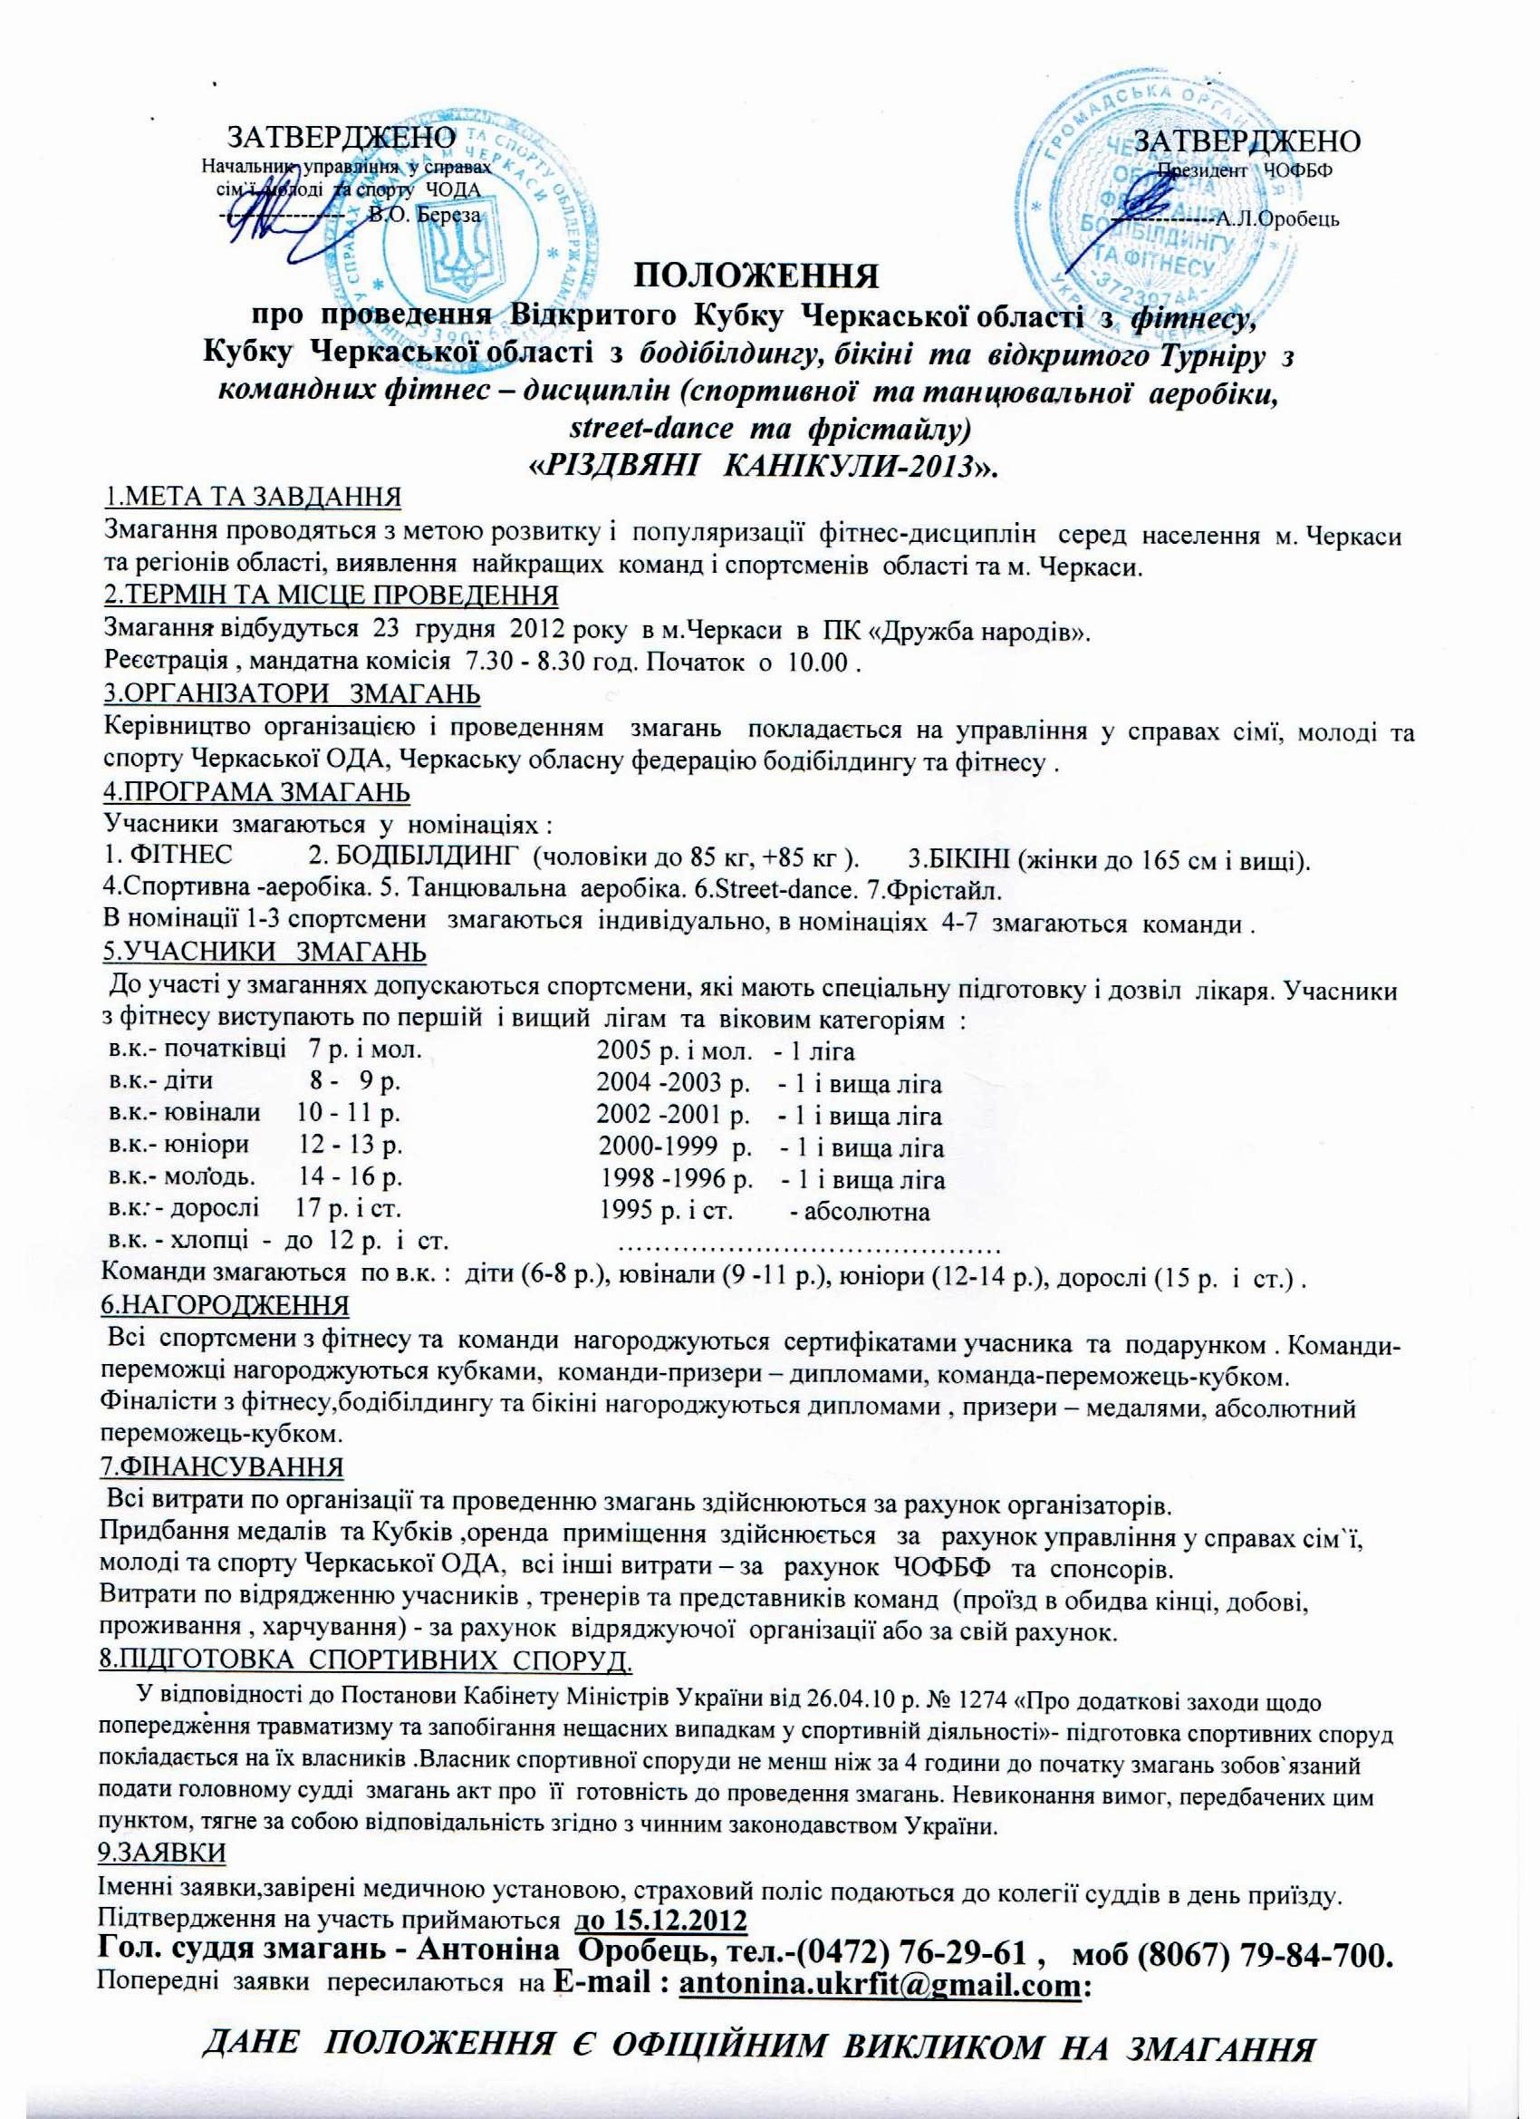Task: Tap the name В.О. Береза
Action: coord(425,215)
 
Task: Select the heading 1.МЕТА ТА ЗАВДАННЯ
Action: coord(252,496)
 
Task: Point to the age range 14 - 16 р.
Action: coord(350,1180)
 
